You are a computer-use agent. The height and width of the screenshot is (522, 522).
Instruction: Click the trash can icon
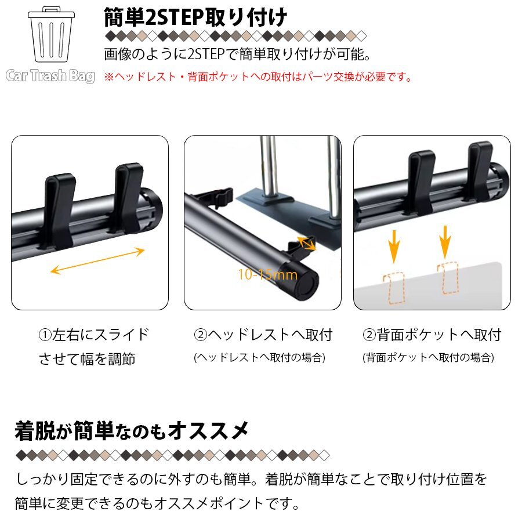point(51,34)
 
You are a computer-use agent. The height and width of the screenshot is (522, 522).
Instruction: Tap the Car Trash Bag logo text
point(50,76)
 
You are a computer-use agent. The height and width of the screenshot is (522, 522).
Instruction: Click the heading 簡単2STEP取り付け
point(195,17)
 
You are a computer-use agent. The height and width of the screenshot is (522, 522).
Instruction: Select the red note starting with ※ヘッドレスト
point(258,77)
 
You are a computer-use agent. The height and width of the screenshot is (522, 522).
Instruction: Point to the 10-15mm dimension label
point(267,275)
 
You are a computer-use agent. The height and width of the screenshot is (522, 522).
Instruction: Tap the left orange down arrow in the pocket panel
point(394,246)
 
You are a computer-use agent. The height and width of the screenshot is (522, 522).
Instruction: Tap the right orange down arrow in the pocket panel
point(445,242)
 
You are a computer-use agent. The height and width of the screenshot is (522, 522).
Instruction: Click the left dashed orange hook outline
point(394,288)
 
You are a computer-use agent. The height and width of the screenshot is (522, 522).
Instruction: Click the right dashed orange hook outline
point(448,278)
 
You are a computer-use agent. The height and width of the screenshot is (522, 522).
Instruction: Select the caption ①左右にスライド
point(94,335)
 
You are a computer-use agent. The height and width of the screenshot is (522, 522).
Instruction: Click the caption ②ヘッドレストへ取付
point(263,335)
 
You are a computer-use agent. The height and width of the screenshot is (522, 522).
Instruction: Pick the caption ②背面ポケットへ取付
point(432,335)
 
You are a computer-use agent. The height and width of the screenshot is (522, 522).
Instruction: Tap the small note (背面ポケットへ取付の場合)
point(428,357)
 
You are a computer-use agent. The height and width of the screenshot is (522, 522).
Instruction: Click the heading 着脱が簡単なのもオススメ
point(132,431)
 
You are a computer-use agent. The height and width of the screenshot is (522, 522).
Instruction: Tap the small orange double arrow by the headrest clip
point(306,243)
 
